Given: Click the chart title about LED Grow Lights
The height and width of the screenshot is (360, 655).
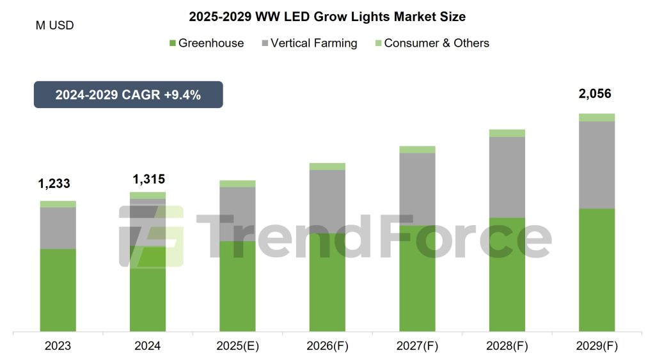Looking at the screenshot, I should point(327,17).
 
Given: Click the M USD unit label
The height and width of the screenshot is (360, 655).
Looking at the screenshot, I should point(54,26).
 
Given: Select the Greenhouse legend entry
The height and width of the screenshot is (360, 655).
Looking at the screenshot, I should point(206,43).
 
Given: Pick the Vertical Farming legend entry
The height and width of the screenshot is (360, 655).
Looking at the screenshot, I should point(309,43).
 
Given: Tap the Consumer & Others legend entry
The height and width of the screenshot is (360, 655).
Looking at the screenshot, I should point(432,43).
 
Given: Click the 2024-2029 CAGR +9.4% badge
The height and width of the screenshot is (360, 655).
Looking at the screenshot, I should point(128,95).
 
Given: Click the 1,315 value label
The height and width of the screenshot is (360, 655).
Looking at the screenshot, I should point(148,179).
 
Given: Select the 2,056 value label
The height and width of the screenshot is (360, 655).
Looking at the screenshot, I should point(594,94).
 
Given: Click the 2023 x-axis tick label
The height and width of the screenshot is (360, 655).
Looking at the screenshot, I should point(58,346).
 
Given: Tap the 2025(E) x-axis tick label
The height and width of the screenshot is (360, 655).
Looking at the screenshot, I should point(237,346).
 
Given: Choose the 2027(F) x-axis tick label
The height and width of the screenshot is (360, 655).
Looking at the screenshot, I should point(417,346).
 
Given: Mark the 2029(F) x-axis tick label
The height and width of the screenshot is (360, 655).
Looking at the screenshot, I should point(597,346).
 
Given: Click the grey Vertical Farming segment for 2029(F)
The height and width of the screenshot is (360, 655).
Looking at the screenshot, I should point(597,164).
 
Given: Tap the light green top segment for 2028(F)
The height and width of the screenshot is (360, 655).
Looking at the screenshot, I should point(507,133).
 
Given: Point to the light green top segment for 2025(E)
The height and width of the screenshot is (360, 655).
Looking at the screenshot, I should point(237,184).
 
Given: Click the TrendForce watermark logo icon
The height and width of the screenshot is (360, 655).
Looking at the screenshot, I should point(152,236).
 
